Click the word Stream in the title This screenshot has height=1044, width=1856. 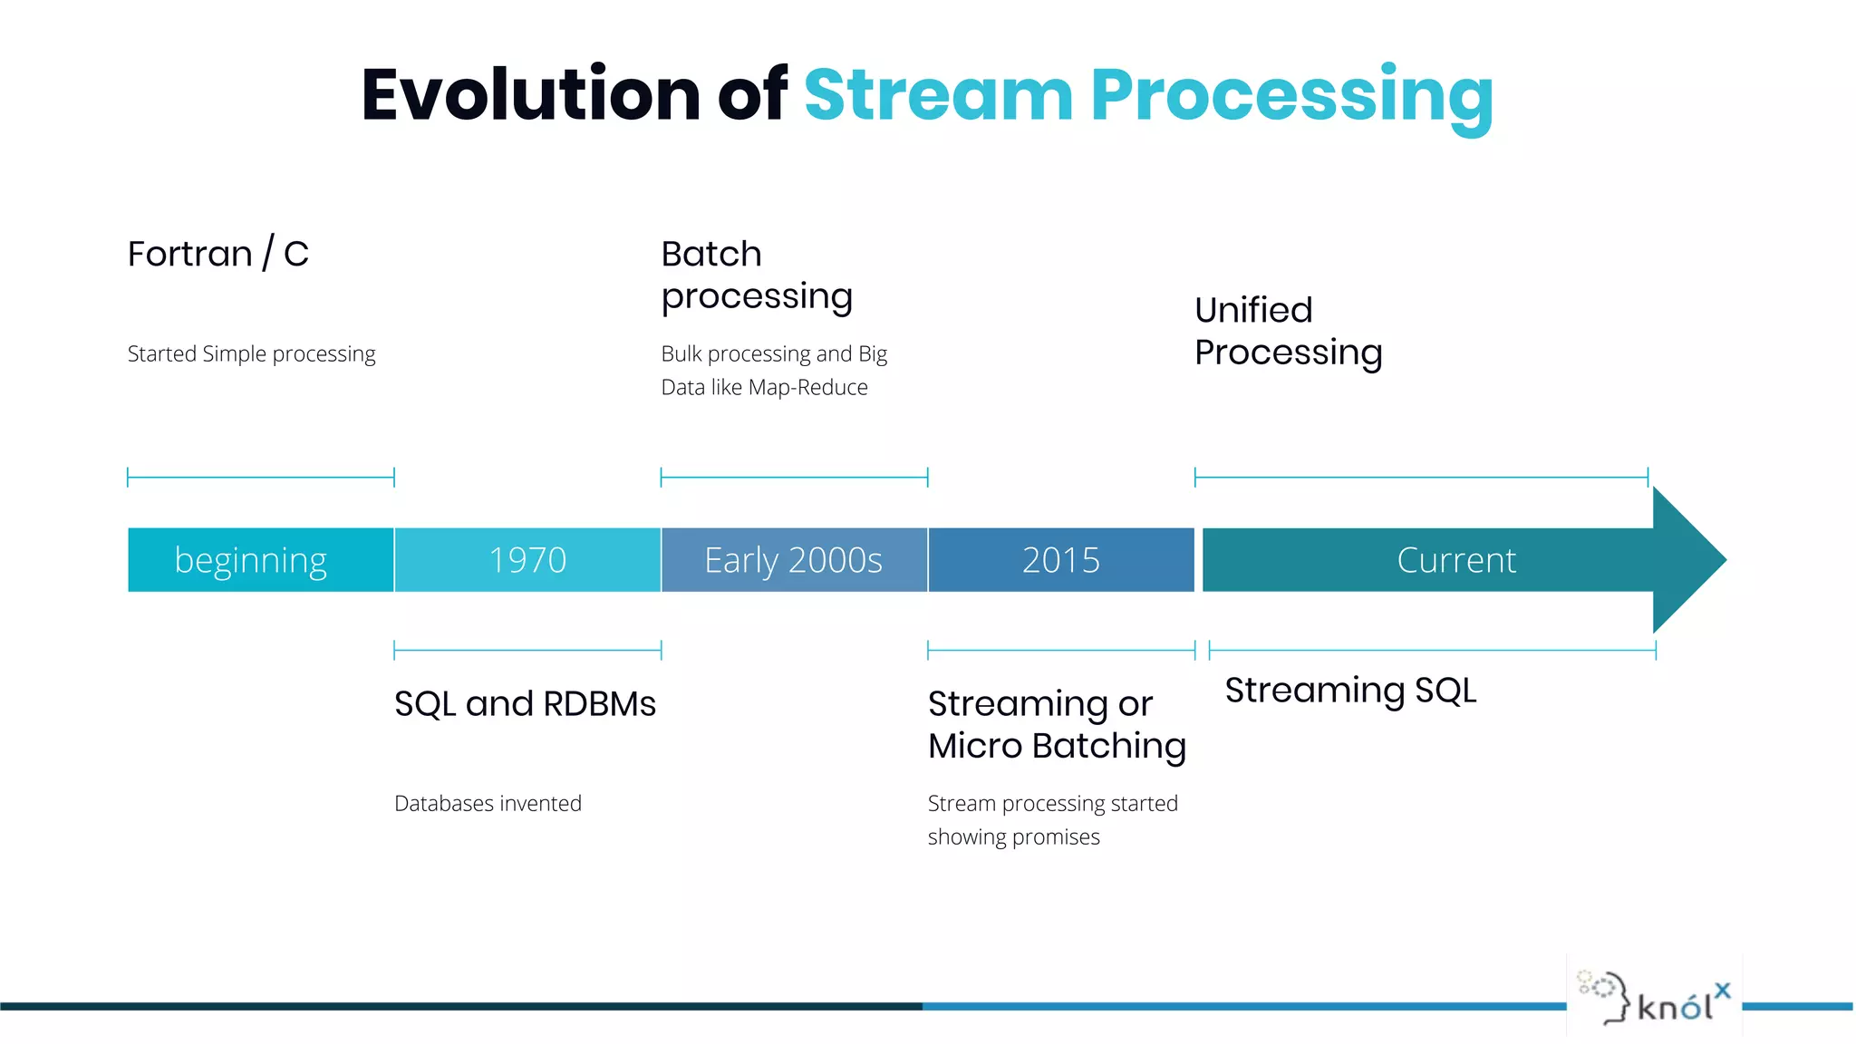point(938,96)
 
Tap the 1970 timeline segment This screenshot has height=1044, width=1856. point(527,560)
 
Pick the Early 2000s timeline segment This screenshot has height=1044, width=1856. point(794,560)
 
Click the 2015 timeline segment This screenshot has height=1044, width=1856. point(1061,560)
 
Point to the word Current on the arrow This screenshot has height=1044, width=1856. point(1455,560)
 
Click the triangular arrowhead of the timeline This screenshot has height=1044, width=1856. point(1686,560)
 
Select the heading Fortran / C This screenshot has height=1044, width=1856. point(218,254)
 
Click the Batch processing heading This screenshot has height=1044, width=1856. point(756,275)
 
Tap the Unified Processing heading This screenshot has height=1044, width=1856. point(1288,331)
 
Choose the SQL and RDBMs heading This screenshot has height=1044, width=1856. point(525,704)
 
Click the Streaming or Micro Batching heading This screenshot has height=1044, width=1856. point(1057,724)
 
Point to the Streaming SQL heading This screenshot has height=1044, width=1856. point(1350,691)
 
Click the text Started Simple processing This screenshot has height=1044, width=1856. point(251,353)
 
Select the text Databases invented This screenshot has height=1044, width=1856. point(488,804)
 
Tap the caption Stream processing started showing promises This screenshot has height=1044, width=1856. point(1052,820)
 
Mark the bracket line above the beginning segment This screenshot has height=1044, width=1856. point(260,477)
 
